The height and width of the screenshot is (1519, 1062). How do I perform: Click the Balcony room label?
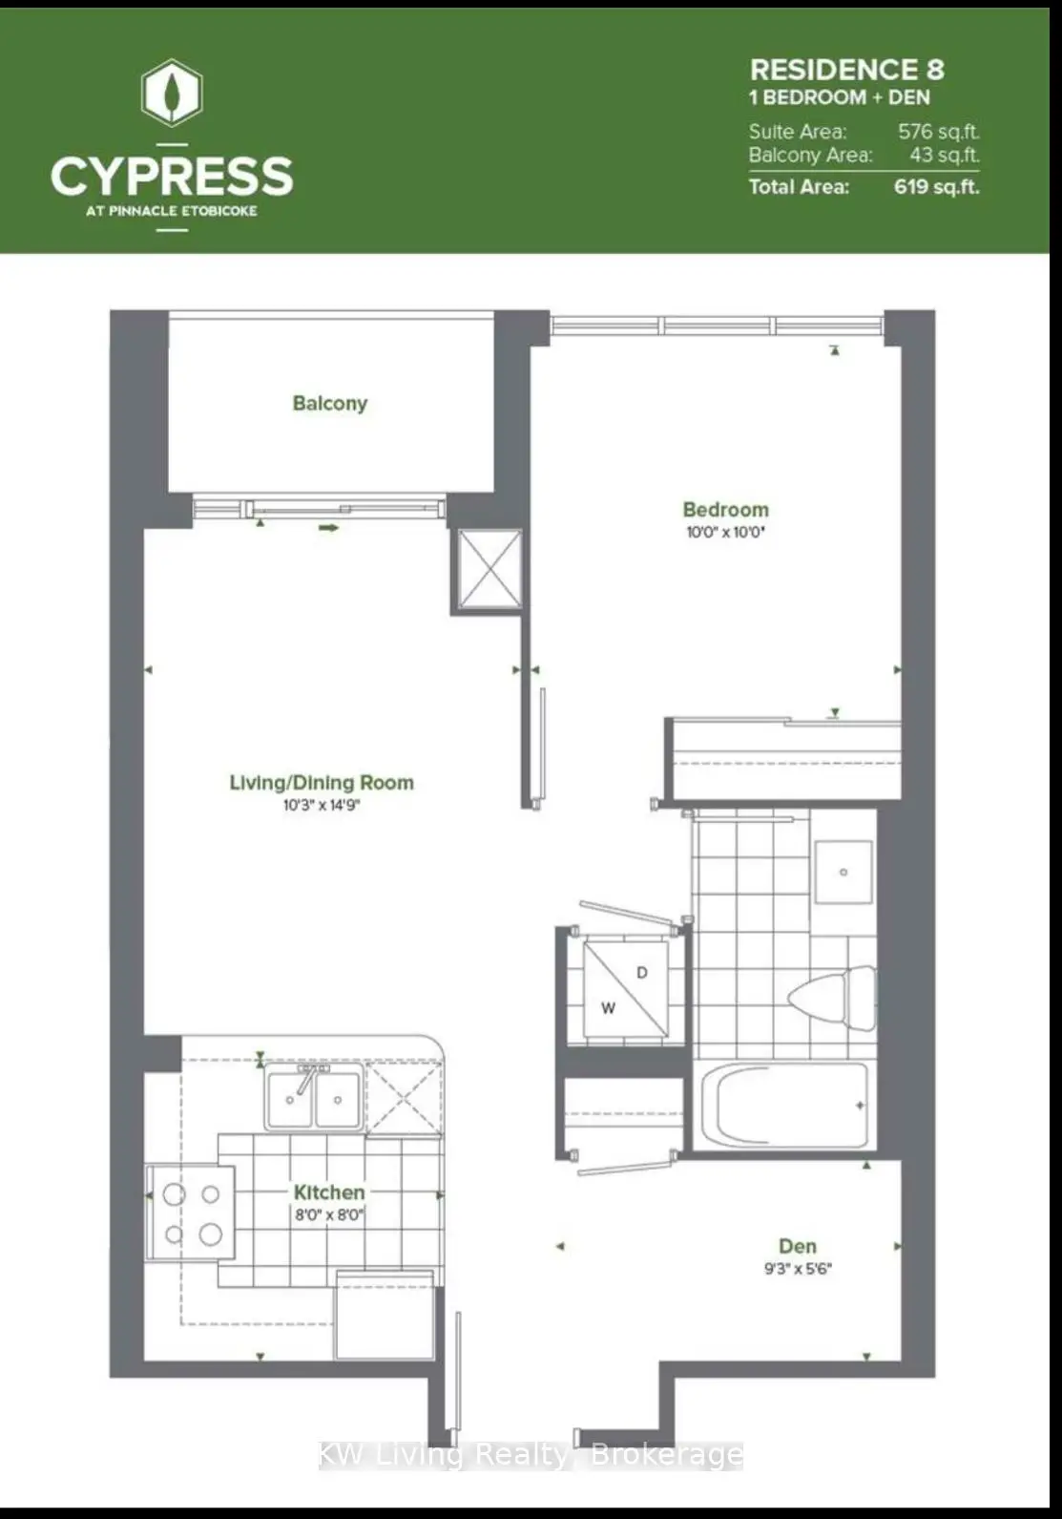pyautogui.click(x=330, y=404)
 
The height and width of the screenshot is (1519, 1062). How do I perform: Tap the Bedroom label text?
pyautogui.click(x=725, y=509)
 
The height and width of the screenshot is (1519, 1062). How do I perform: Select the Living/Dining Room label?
pyautogui.click(x=322, y=783)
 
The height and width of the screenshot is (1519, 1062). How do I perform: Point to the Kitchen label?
pyautogui.click(x=329, y=1192)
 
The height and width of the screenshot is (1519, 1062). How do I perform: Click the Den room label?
pyautogui.click(x=798, y=1246)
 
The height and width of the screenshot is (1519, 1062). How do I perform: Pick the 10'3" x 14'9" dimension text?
pyautogui.click(x=322, y=806)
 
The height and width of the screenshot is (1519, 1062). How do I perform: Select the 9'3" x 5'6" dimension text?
pyautogui.click(x=798, y=1269)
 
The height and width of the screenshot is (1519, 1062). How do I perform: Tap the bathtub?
pyautogui.click(x=784, y=1106)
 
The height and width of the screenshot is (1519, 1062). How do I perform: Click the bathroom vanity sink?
pyautogui.click(x=843, y=872)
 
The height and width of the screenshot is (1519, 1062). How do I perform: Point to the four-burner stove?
pyautogui.click(x=192, y=1213)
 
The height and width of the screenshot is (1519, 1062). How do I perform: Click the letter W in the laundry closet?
pyautogui.click(x=608, y=1008)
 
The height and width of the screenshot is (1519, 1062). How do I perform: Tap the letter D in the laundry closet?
pyautogui.click(x=642, y=973)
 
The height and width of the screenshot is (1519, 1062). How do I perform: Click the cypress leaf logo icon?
pyautogui.click(x=172, y=93)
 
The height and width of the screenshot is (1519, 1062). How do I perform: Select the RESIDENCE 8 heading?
pyautogui.click(x=846, y=70)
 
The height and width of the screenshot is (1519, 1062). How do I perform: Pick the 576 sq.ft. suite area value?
pyautogui.click(x=939, y=131)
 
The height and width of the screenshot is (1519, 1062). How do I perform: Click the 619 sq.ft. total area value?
pyautogui.click(x=937, y=186)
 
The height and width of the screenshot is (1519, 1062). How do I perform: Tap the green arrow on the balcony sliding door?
pyautogui.click(x=328, y=528)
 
